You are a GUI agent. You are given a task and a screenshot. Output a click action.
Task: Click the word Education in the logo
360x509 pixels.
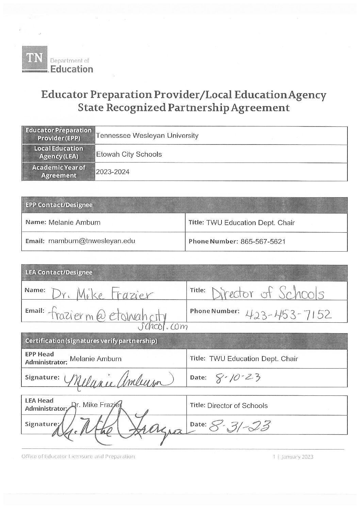pyautogui.click(x=72, y=69)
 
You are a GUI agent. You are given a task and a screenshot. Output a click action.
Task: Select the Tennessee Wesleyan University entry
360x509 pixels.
pyautogui.click(x=147, y=136)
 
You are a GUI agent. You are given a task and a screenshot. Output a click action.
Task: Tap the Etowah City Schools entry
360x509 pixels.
pyautogui.click(x=129, y=154)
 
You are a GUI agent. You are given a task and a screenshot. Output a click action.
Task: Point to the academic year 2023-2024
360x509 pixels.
pyautogui.click(x=113, y=172)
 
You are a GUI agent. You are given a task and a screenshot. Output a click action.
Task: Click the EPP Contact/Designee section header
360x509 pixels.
pyautogui.click(x=59, y=205)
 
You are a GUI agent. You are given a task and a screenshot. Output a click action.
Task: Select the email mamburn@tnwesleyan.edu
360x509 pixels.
pyautogui.click(x=92, y=241)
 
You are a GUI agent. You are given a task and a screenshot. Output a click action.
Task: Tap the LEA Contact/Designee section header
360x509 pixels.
pyautogui.click(x=59, y=272)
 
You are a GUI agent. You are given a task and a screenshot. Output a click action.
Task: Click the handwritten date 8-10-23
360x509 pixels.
pyautogui.click(x=235, y=377)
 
